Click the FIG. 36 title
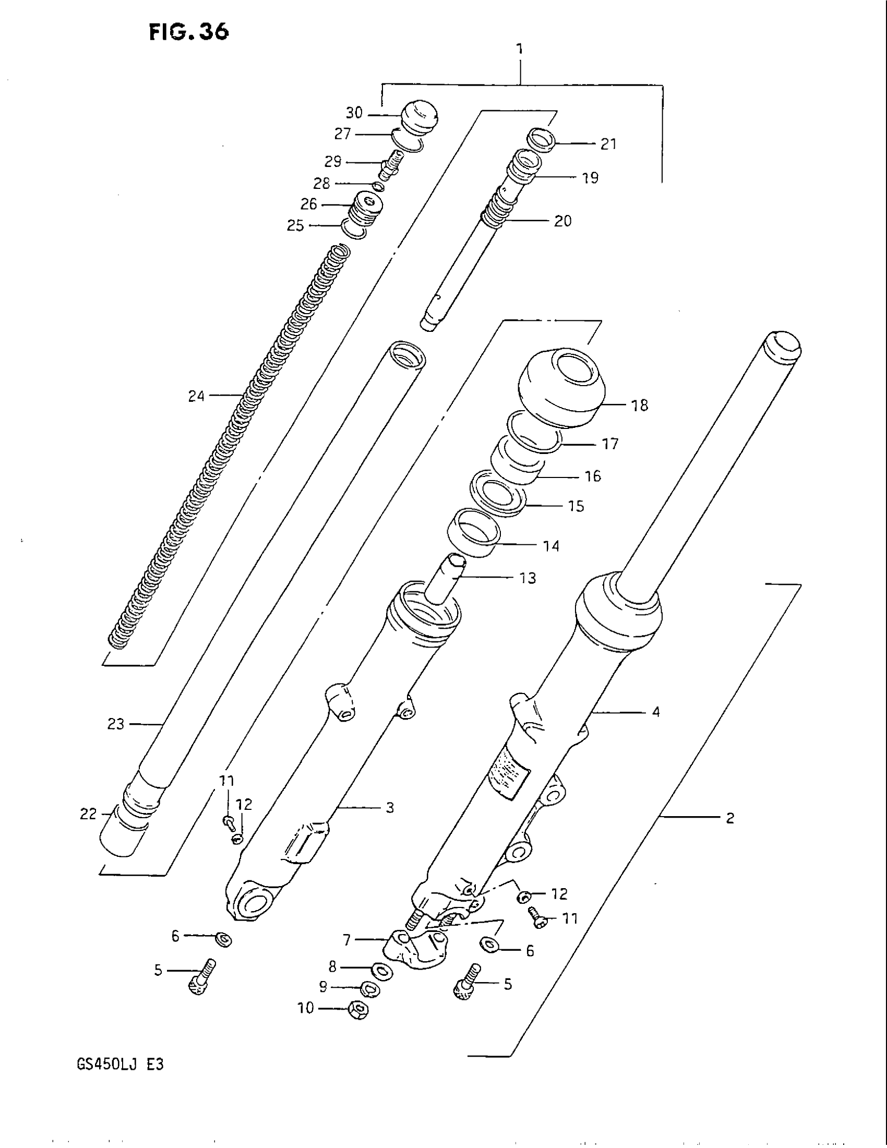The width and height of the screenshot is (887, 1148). [189, 32]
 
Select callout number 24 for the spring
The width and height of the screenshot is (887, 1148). [196, 396]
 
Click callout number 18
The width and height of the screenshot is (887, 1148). [640, 405]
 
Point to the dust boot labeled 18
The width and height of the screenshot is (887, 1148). [561, 386]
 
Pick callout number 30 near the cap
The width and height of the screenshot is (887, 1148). [354, 113]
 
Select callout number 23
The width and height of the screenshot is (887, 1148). [116, 724]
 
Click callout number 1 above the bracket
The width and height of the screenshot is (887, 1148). [519, 50]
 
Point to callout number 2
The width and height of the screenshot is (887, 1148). [729, 817]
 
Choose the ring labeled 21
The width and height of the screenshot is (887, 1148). [541, 139]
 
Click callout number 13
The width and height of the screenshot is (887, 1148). [528, 578]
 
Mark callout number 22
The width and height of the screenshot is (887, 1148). [88, 814]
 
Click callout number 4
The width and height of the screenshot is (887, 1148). [656, 712]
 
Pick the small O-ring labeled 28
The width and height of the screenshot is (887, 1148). [378, 187]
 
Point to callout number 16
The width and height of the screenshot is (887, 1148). [593, 476]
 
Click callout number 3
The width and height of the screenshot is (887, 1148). [389, 807]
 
